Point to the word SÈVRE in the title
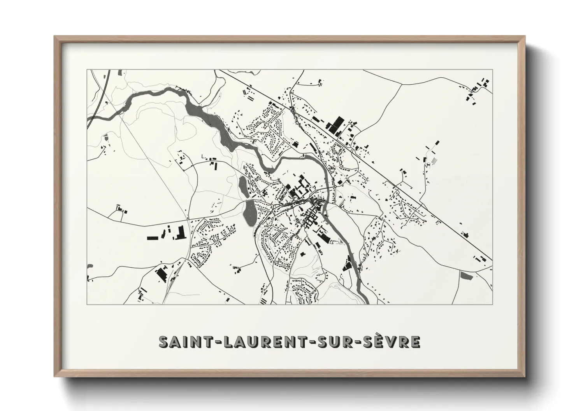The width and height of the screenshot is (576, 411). (393, 341)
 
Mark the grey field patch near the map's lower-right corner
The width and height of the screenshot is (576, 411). (465, 275)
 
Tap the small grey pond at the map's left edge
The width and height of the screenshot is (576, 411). (90, 266)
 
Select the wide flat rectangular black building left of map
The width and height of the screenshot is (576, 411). (152, 238)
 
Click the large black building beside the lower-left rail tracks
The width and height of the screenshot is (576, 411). (160, 272)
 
